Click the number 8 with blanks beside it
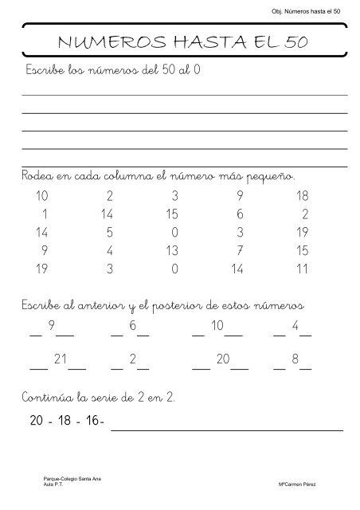[x=295, y=360]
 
